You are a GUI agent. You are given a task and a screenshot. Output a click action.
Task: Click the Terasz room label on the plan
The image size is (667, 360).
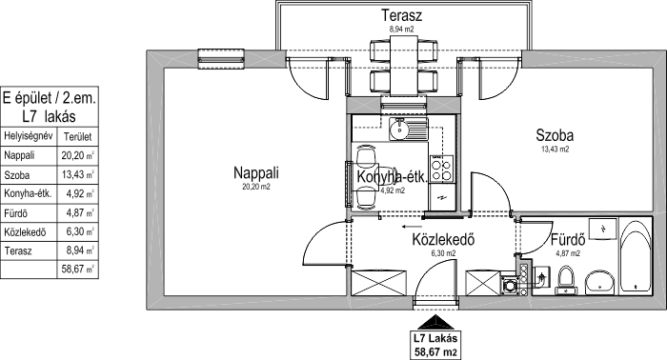click(401, 16)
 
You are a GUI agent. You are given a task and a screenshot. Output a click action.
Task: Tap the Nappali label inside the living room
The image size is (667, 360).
click(256, 173)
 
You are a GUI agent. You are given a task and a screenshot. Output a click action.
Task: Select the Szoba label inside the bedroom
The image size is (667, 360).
click(555, 135)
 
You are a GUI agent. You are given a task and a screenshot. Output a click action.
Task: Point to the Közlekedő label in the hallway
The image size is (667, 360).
click(443, 239)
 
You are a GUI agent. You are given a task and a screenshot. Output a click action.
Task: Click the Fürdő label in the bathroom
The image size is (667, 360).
click(568, 240)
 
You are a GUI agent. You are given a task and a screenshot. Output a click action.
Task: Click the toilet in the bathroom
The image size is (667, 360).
click(566, 280)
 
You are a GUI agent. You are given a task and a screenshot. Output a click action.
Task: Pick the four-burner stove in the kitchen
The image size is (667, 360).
click(441, 169)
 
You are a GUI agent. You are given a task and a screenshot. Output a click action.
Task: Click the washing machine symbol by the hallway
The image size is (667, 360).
click(508, 285)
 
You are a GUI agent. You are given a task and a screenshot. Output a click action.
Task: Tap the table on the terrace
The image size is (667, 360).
click(404, 66)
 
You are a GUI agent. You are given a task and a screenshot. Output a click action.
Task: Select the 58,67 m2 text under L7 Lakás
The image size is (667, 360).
click(435, 352)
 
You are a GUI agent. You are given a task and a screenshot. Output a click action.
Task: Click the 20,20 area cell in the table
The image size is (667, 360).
click(77, 155)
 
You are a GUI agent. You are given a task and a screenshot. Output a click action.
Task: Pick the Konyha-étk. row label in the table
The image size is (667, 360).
click(28, 194)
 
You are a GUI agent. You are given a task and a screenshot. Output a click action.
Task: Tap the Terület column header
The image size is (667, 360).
click(77, 137)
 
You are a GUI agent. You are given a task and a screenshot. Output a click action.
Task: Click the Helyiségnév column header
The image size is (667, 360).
click(28, 136)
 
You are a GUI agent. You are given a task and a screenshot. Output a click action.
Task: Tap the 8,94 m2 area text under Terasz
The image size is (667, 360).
click(401, 30)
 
